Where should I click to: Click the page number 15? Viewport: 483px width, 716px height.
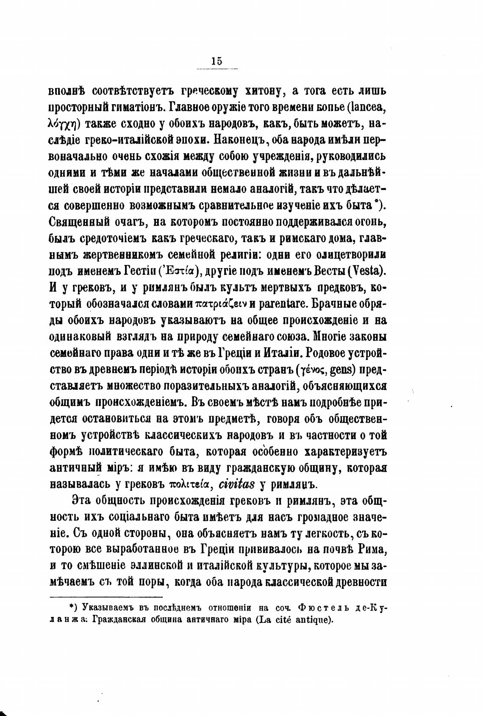(x=216, y=61)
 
